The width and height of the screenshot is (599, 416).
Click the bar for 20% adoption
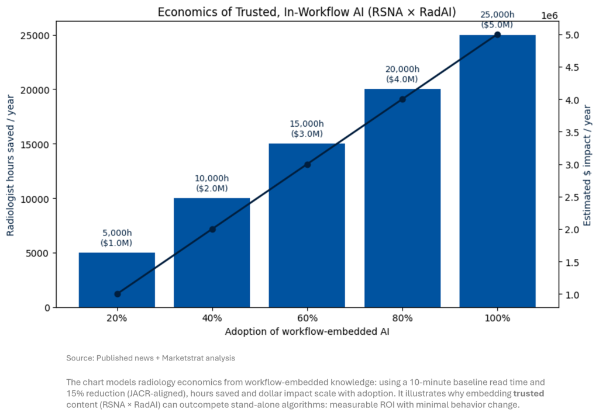117,280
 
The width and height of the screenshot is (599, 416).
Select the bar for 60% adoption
307,234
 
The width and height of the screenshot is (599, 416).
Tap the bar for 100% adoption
497,175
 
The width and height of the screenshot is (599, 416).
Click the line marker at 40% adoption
212,229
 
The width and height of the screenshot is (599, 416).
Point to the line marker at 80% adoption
402,99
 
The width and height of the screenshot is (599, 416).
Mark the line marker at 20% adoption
118,294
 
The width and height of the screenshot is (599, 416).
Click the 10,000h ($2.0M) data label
212,183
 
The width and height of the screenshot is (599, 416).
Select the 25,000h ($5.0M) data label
497,19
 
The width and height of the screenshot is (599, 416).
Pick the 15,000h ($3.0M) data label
307,129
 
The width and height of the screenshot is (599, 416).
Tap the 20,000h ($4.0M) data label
402,74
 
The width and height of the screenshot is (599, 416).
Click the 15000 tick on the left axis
39,144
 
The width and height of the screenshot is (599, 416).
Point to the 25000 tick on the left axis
39,35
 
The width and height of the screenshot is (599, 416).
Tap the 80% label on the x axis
402,318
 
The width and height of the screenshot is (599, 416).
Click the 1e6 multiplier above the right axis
549,16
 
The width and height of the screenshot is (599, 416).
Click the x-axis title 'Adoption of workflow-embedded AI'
307,332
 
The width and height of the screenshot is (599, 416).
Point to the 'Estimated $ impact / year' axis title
588,165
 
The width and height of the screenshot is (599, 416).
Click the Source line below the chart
150,358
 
